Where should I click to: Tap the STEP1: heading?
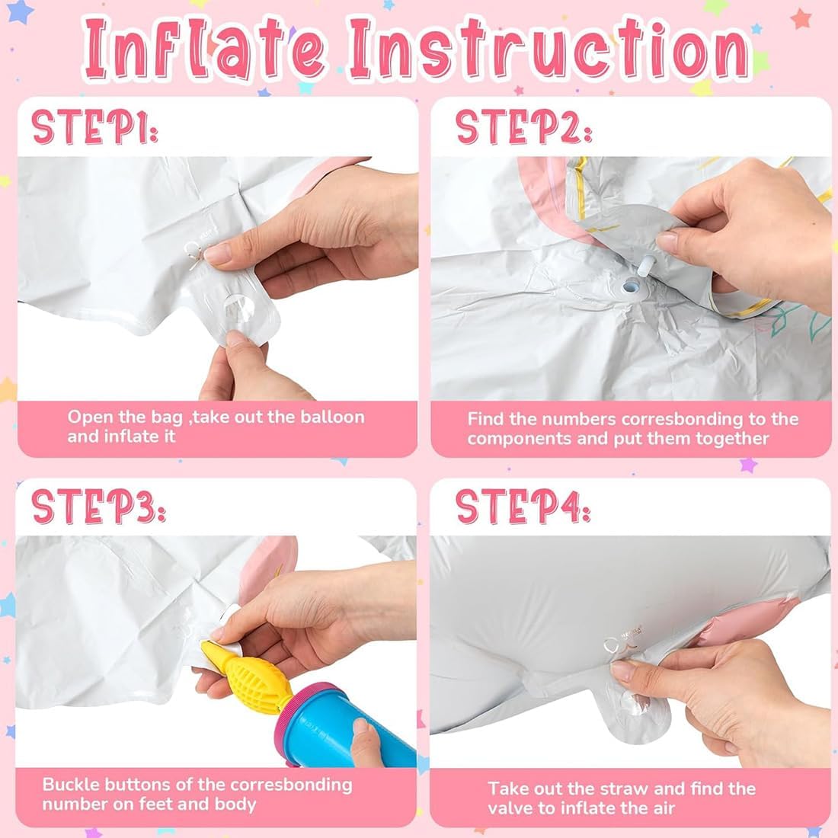click(x=94, y=126)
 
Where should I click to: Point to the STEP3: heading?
click(x=98, y=506)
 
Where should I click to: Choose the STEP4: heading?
click(x=523, y=506)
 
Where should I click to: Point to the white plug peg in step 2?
click(x=645, y=265)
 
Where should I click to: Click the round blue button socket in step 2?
click(x=628, y=288)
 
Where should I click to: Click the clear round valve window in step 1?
click(x=239, y=309)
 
